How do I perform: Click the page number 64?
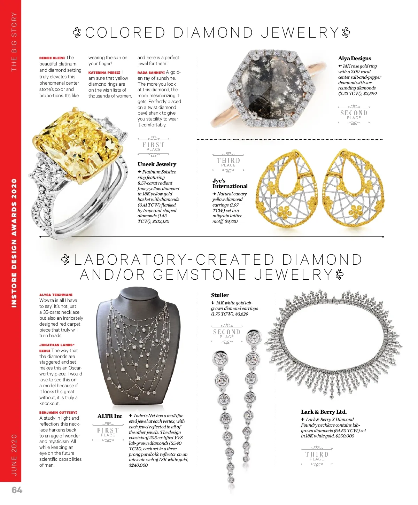tap(17, 490)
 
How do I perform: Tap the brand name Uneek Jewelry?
tap(157, 164)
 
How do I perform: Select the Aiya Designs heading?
tap(355, 58)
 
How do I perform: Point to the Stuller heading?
tap(220, 295)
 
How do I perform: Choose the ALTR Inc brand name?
tap(110, 416)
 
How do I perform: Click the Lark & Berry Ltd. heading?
tap(324, 412)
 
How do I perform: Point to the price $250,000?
tap(345, 436)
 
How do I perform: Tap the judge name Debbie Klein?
tap(52, 58)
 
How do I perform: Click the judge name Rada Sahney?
tap(151, 72)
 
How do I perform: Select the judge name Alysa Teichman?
tap(56, 295)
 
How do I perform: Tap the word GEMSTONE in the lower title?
tap(200, 275)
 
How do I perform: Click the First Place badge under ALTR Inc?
tap(108, 432)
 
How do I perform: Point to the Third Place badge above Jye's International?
tap(228, 162)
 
